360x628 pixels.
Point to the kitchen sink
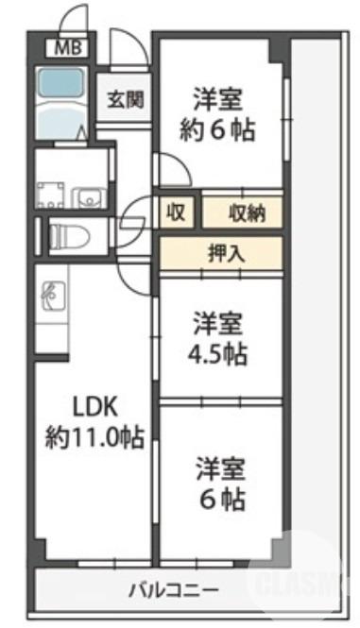(x=50, y=297)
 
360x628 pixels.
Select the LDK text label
(x=94, y=407)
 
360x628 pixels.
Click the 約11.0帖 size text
(x=94, y=437)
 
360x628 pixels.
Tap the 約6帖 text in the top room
(x=218, y=129)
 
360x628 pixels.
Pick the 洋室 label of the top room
(x=218, y=99)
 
